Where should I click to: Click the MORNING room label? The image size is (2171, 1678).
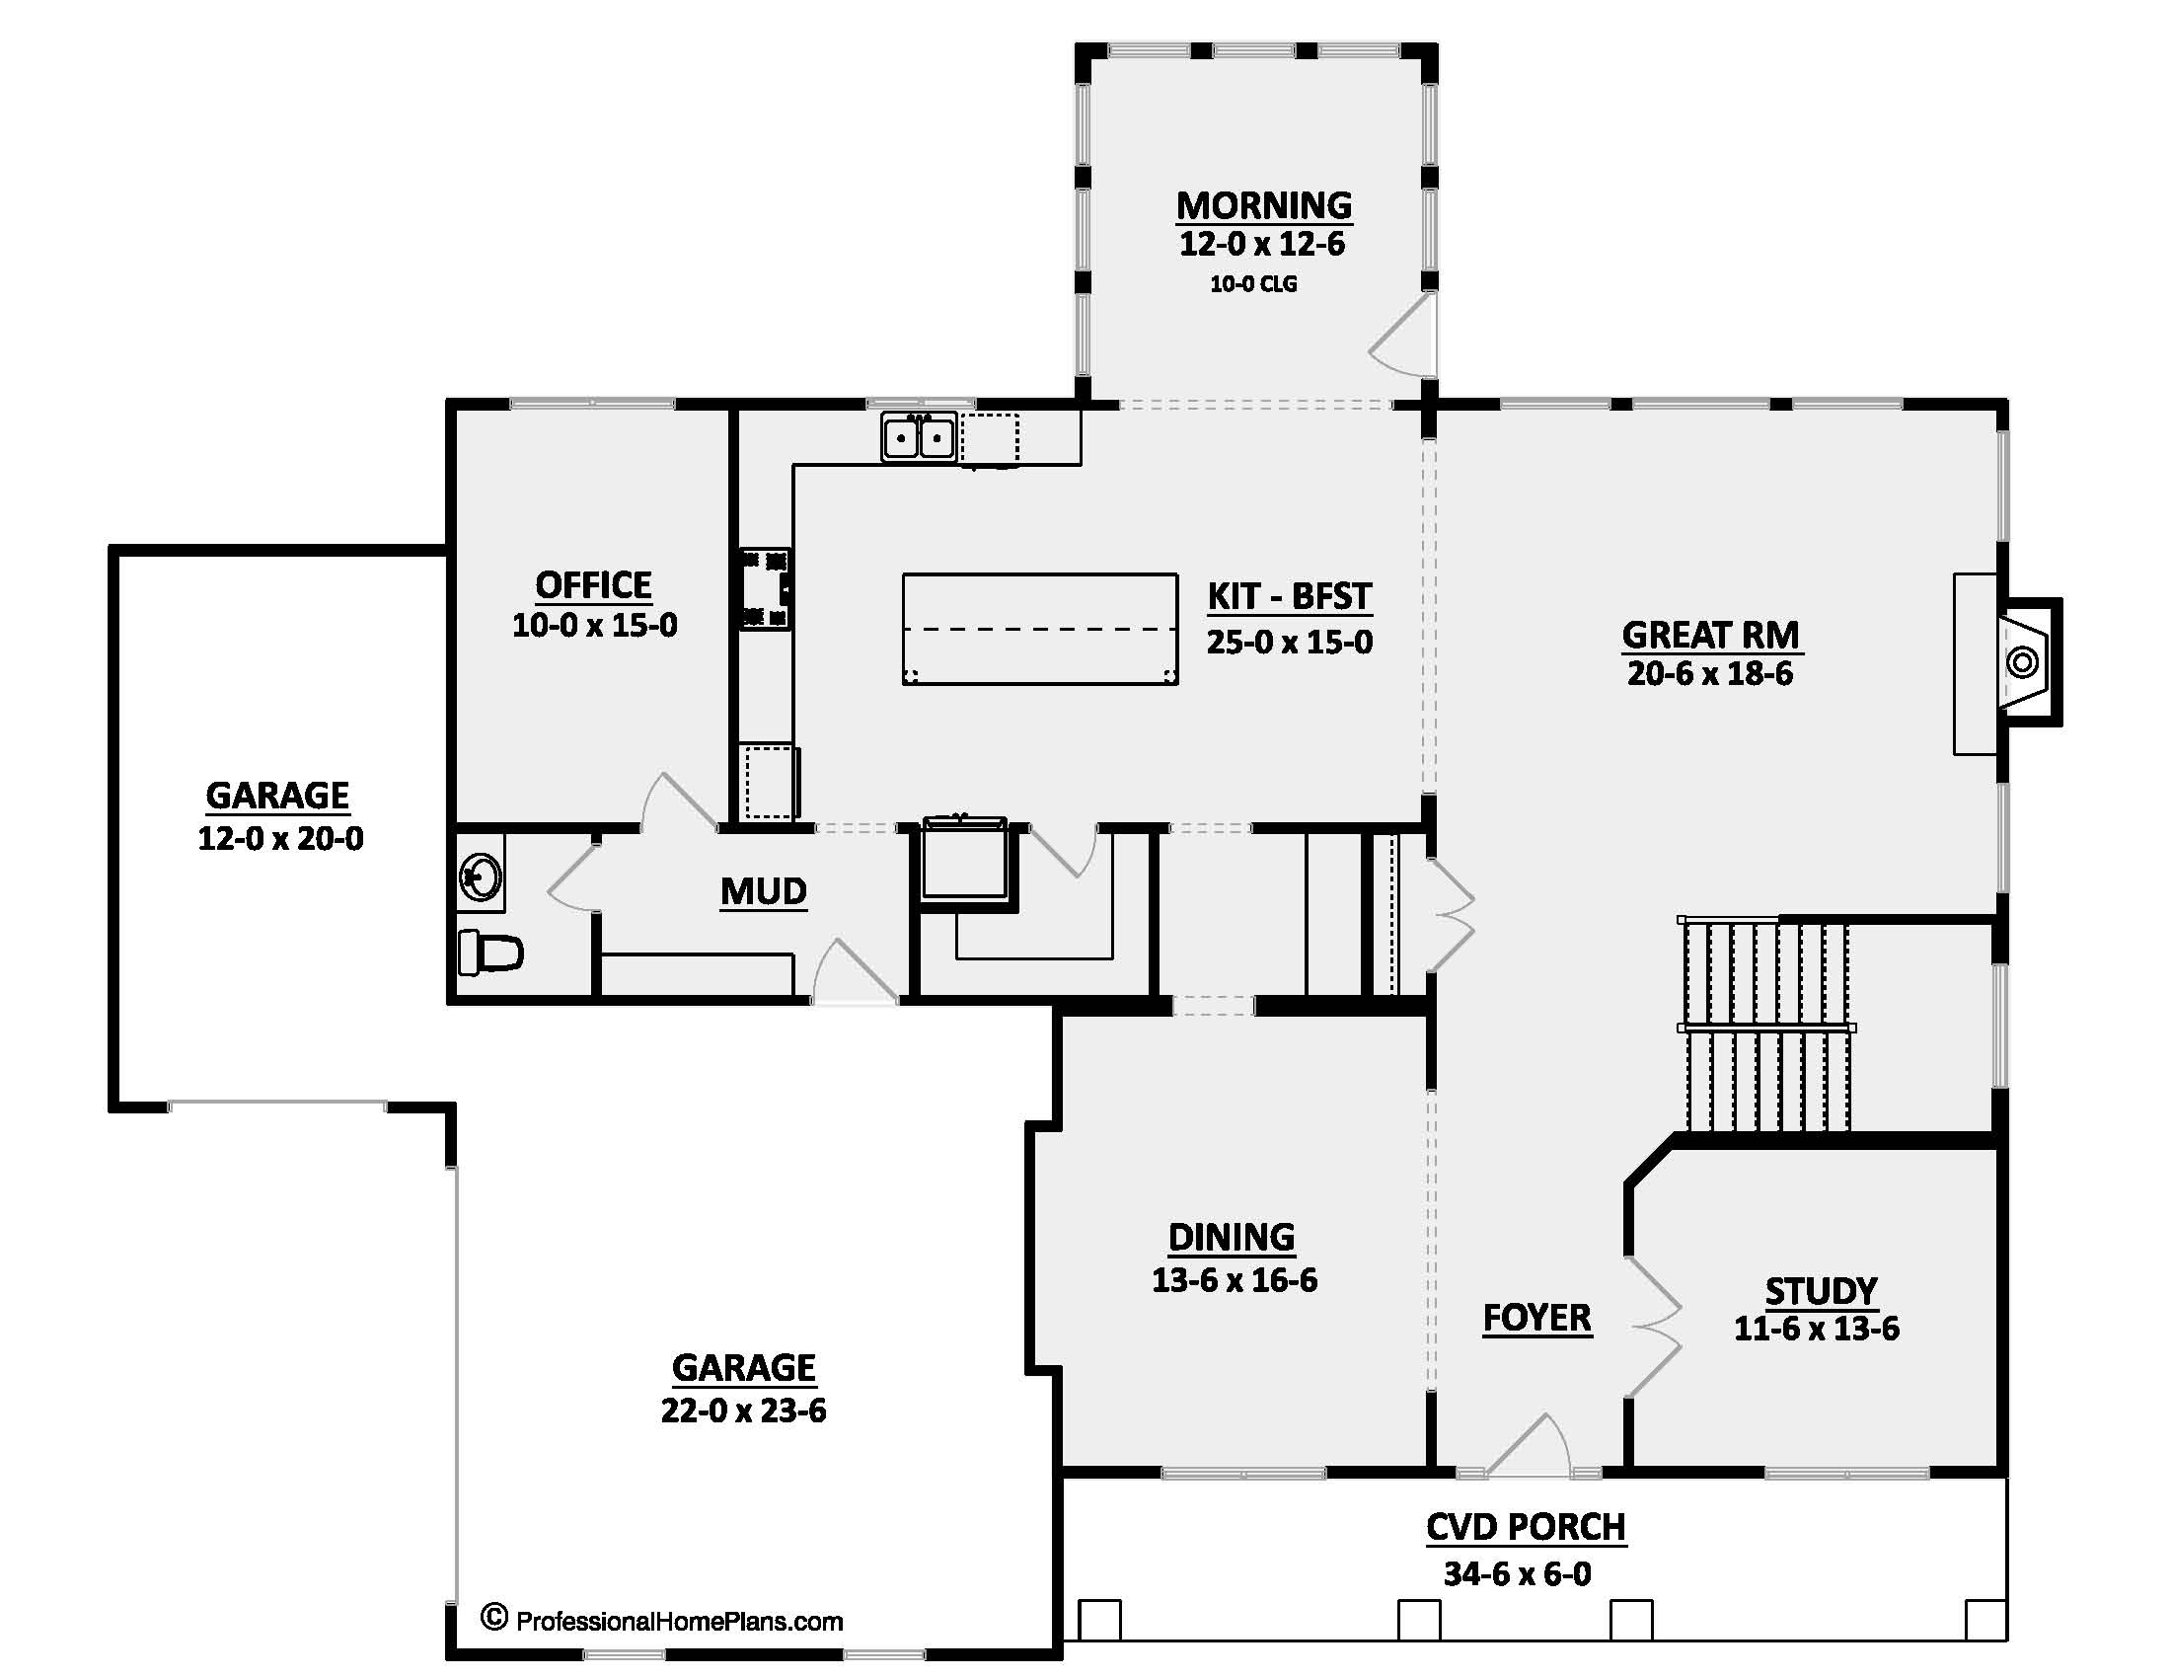1263,205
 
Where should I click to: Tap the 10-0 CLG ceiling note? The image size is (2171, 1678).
1252,284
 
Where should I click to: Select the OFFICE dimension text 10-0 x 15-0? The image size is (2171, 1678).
594,625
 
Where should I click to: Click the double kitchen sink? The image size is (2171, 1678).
919,437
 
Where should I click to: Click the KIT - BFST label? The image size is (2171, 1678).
1290,596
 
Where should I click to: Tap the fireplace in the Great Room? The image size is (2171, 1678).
2023,661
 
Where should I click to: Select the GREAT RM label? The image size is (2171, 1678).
1710,635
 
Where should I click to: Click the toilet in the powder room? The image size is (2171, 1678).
490,953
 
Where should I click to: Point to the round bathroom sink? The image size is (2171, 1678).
482,877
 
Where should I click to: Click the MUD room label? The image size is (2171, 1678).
763,891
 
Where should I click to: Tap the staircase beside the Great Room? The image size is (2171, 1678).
1764,1027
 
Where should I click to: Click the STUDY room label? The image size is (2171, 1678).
1820,1290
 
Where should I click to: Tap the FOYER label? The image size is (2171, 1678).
1536,1318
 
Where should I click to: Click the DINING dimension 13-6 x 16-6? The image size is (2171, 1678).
1234,1280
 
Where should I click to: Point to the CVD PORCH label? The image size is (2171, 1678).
1525,1527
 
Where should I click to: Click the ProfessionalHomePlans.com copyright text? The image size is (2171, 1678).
662,1622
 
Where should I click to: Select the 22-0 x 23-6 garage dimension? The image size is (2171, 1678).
743,1411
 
